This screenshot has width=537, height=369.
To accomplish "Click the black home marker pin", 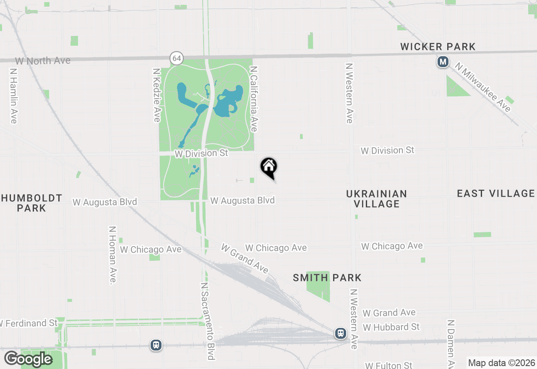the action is pyautogui.click(x=269, y=167).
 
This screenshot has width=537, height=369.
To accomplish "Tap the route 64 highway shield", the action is pyautogui.click(x=177, y=58).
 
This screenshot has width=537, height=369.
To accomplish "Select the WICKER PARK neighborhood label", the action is pyautogui.click(x=438, y=47).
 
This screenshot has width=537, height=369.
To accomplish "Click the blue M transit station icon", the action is pyautogui.click(x=443, y=62).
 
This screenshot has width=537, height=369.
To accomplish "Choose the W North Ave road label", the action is pyautogui.click(x=43, y=61).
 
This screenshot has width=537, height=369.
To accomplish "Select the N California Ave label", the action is pyautogui.click(x=253, y=99).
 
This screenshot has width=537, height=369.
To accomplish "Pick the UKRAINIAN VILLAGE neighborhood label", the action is pyautogui.click(x=376, y=199).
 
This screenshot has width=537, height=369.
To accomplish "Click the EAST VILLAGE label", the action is pyautogui.click(x=495, y=193).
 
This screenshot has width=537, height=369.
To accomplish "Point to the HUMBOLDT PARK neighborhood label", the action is pyautogui.click(x=31, y=203).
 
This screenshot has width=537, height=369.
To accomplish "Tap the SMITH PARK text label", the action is pyautogui.click(x=327, y=278).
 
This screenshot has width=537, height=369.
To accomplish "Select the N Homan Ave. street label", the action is pyautogui.click(x=112, y=255).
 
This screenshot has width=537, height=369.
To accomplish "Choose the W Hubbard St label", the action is pyautogui.click(x=391, y=327).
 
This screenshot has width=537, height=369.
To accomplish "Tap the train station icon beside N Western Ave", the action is pyautogui.click(x=341, y=333).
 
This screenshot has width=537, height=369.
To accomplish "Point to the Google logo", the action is pyautogui.click(x=28, y=359).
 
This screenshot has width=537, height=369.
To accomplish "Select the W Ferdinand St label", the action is pyautogui.click(x=29, y=323).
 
